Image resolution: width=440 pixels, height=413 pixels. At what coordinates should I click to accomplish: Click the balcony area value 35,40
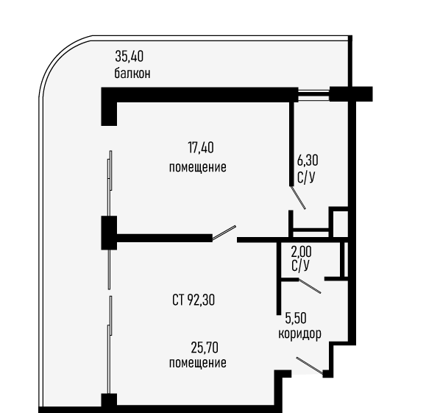pyautogui.click(x=129, y=56)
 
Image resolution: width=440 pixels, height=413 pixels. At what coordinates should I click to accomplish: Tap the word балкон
pyautogui.click(x=132, y=74)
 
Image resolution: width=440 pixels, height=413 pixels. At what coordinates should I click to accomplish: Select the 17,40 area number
pyautogui.click(x=201, y=148)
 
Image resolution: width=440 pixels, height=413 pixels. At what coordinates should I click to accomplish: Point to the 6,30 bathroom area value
pyautogui.click(x=308, y=160)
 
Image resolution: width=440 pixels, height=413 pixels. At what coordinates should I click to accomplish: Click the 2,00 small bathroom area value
pyautogui.click(x=301, y=252)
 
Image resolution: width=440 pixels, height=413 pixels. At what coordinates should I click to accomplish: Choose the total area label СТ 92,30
pyautogui.click(x=194, y=300)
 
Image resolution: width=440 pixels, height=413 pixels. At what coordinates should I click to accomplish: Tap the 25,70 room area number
pyautogui.click(x=205, y=348)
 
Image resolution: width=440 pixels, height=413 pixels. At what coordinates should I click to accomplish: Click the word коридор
pyautogui.click(x=299, y=333)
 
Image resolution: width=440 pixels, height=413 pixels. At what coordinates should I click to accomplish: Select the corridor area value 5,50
pyautogui.click(x=296, y=318)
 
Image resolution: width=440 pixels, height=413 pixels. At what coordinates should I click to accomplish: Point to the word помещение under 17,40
pyautogui.click(x=197, y=167)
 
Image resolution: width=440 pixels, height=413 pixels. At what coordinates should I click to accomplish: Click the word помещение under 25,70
pyautogui.click(x=197, y=363)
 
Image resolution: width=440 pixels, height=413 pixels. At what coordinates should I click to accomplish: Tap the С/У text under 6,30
pyautogui.click(x=306, y=177)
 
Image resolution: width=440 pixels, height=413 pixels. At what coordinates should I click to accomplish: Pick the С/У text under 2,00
pyautogui.click(x=300, y=266)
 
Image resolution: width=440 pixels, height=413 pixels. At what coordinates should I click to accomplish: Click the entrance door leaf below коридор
pyautogui.click(x=310, y=366)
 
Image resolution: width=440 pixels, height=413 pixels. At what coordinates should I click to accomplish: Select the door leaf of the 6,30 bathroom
pyautogui.click(x=298, y=197)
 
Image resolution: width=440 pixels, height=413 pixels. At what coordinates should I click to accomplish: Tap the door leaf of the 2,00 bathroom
pyautogui.click(x=310, y=286)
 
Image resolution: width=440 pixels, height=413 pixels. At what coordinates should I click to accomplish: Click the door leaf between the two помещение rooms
pyautogui.click(x=224, y=233)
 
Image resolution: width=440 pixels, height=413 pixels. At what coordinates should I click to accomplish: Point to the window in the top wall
pyautogui.click(x=313, y=95)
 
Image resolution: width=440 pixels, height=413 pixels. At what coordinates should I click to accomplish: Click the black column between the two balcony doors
pyautogui.click(x=109, y=233)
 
